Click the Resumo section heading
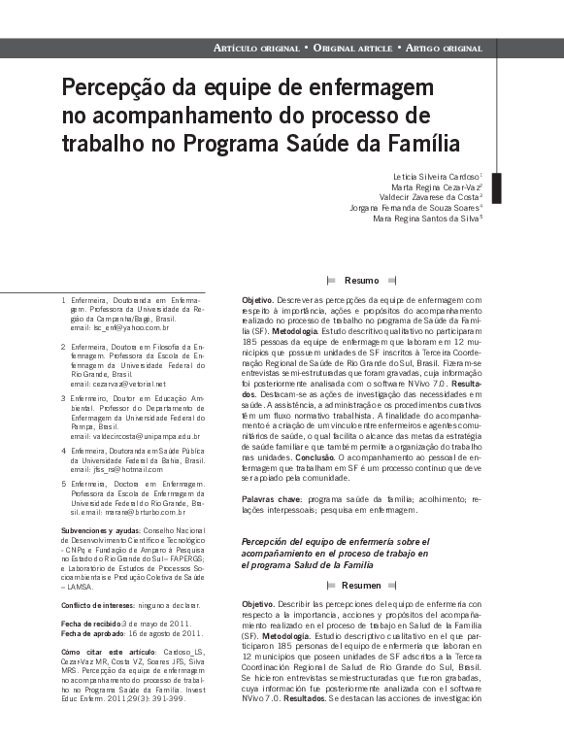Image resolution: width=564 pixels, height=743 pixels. click(x=361, y=281)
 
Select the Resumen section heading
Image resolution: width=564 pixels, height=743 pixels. click(x=361, y=586)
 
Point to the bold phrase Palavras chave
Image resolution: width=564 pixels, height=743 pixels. click(x=272, y=498)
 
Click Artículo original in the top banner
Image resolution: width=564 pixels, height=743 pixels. click(x=255, y=48)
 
